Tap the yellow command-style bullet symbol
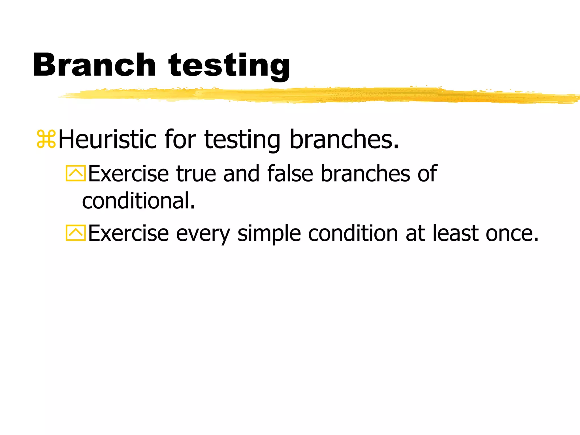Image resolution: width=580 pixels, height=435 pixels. (x=46, y=139)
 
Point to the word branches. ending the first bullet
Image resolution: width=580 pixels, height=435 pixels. (x=344, y=139)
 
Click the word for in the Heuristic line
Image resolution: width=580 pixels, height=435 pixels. (x=180, y=139)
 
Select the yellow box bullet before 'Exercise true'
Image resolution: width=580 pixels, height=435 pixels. (x=76, y=173)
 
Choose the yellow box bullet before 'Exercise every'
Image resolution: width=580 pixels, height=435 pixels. (x=76, y=233)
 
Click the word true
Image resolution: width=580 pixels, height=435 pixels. (x=196, y=173)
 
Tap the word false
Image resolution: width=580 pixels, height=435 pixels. (x=290, y=173)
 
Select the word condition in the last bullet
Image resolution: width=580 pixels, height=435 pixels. (x=353, y=233)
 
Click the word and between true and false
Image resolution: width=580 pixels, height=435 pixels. (x=241, y=173)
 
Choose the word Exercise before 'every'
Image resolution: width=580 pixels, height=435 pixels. (x=129, y=233)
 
